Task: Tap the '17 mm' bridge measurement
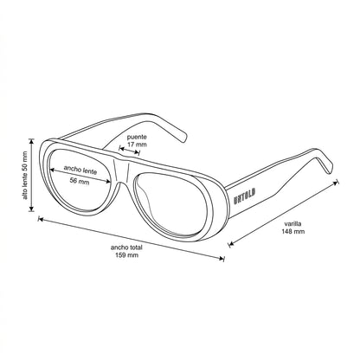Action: click(x=137, y=144)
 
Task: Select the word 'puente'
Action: click(x=137, y=137)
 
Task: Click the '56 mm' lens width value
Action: click(x=80, y=181)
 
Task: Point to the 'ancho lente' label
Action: click(x=80, y=170)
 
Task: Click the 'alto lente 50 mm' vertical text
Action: click(x=25, y=176)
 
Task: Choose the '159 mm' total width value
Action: click(x=126, y=255)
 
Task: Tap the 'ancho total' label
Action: click(x=126, y=247)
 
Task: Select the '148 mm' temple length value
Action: click(x=293, y=231)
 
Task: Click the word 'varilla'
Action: click(x=293, y=223)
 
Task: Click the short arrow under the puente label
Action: click(x=130, y=151)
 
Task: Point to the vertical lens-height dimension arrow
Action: click(x=32, y=175)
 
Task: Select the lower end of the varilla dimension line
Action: click(x=230, y=244)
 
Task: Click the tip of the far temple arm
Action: click(x=184, y=139)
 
